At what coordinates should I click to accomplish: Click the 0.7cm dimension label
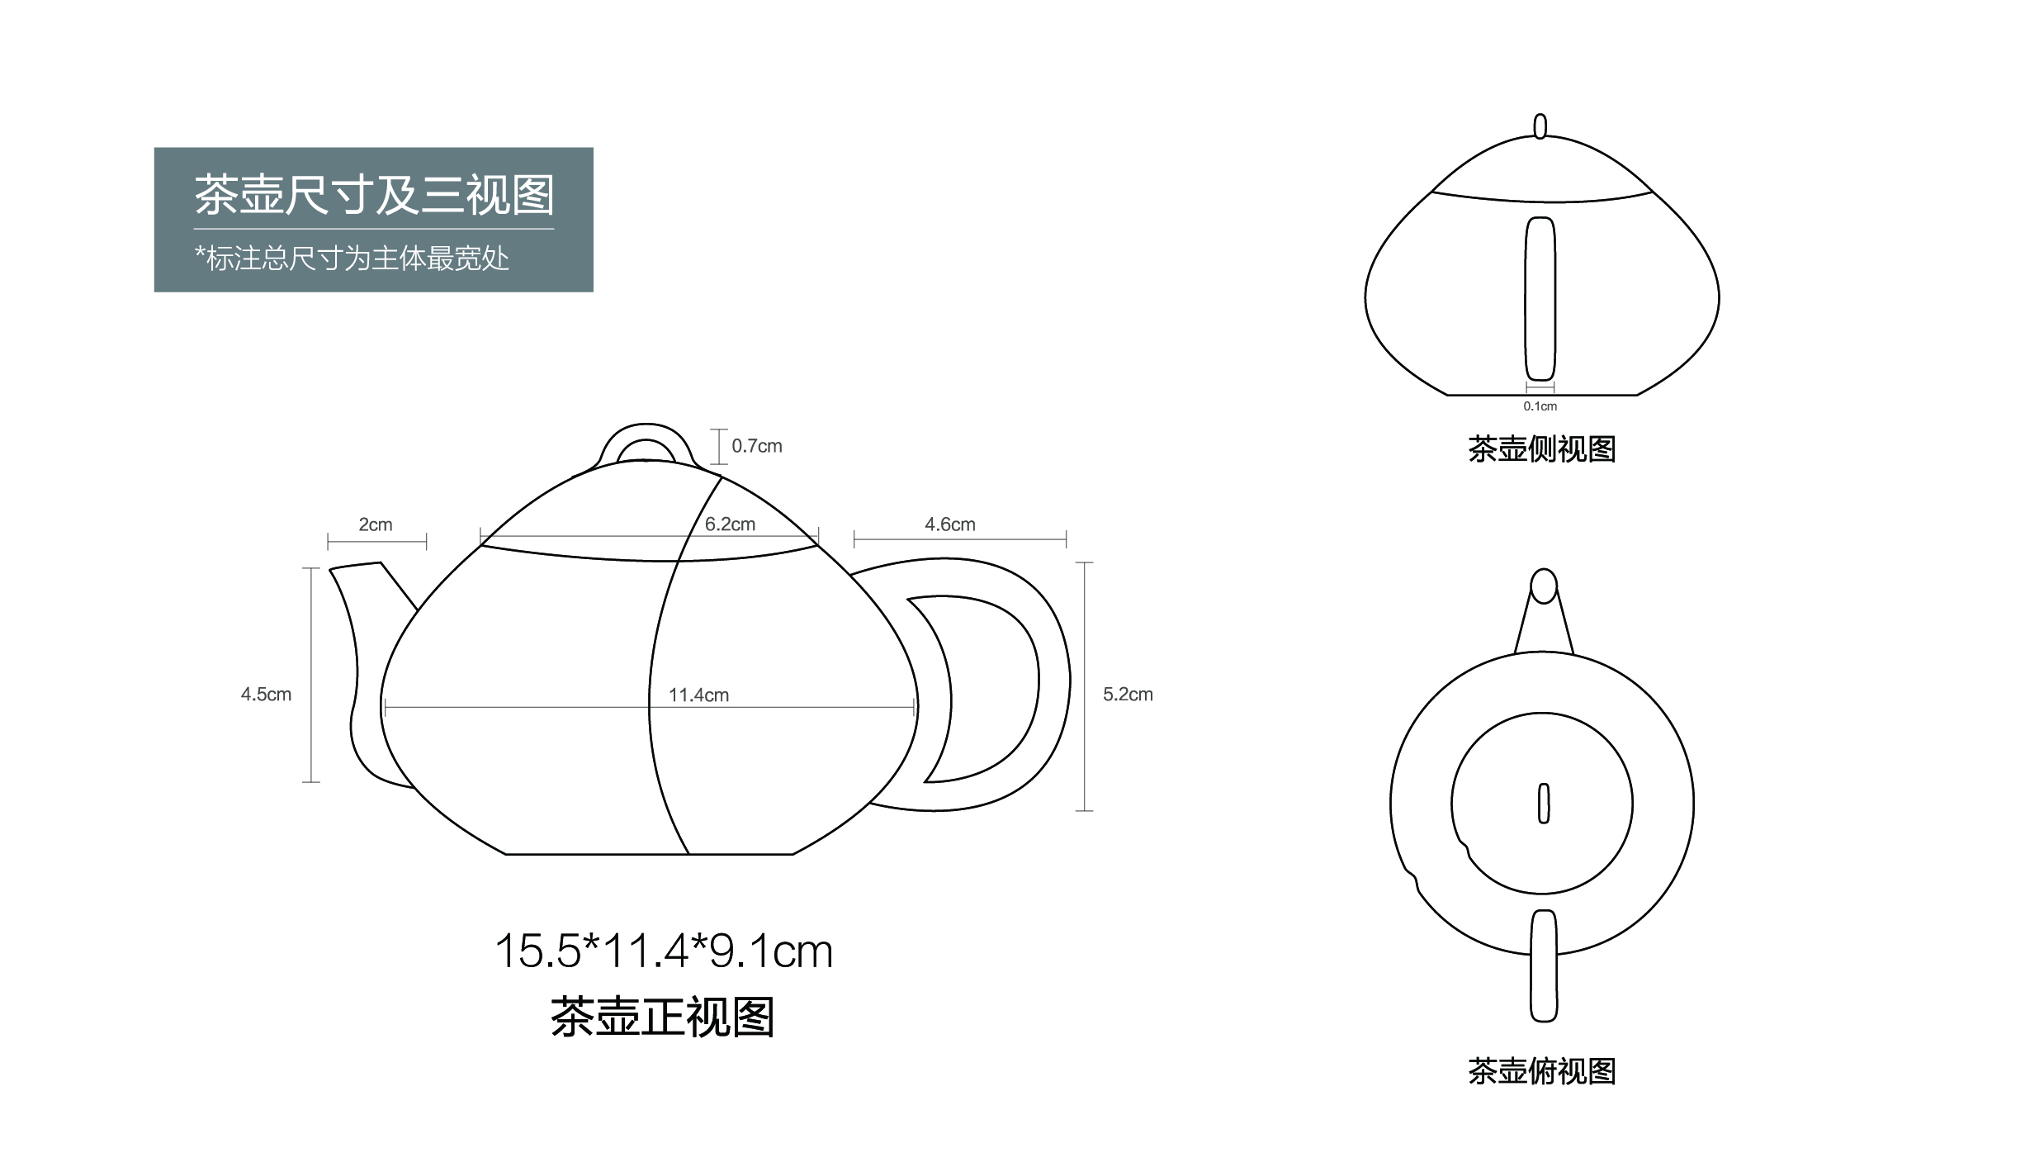coord(756,446)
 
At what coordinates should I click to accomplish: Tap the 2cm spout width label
coord(376,524)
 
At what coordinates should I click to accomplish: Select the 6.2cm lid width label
coord(730,524)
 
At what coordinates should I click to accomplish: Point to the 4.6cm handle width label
coord(949,524)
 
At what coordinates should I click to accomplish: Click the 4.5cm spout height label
coord(266,695)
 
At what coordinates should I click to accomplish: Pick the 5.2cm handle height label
coord(1128,695)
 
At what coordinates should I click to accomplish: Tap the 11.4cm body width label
coord(698,695)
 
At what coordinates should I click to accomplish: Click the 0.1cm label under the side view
coord(1540,406)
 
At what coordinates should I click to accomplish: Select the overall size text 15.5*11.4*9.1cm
coord(664,951)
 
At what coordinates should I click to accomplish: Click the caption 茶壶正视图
coord(663,1017)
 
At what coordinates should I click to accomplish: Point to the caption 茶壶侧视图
coord(1541,449)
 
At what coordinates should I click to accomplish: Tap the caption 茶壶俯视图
coord(1541,1071)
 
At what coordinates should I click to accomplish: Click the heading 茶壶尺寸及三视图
coord(374,195)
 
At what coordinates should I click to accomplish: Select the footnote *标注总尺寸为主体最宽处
coord(352,259)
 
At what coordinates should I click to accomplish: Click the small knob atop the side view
coord(1540,126)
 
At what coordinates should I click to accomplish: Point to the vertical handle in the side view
coord(1540,298)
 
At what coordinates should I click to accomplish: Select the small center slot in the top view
coord(1543,803)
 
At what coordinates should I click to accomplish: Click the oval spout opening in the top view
coord(1543,586)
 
